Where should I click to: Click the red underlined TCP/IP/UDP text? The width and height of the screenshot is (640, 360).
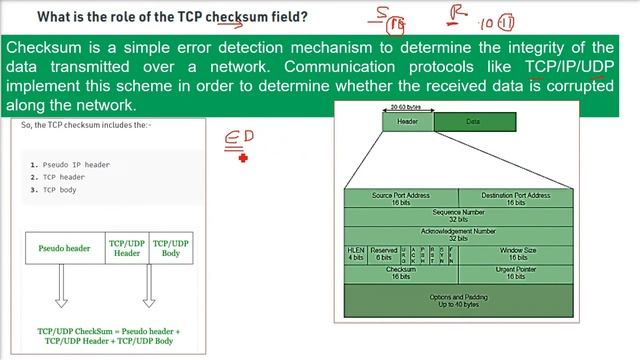click(x=570, y=67)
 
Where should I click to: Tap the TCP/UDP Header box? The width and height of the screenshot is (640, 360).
click(x=126, y=248)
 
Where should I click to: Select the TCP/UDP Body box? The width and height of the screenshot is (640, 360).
click(x=170, y=248)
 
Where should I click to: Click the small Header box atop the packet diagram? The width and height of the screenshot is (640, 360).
click(x=407, y=122)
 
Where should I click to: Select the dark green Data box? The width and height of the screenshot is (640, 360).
click(x=474, y=122)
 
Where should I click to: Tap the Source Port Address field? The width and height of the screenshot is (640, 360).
click(x=400, y=198)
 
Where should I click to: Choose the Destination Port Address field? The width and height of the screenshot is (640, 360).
click(x=515, y=198)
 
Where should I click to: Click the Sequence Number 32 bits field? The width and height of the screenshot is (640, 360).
click(x=458, y=216)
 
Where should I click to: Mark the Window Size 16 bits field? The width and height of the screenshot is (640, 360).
click(x=517, y=253)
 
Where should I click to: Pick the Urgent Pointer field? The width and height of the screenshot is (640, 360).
click(x=517, y=273)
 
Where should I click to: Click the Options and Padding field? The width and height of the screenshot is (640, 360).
click(x=458, y=298)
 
